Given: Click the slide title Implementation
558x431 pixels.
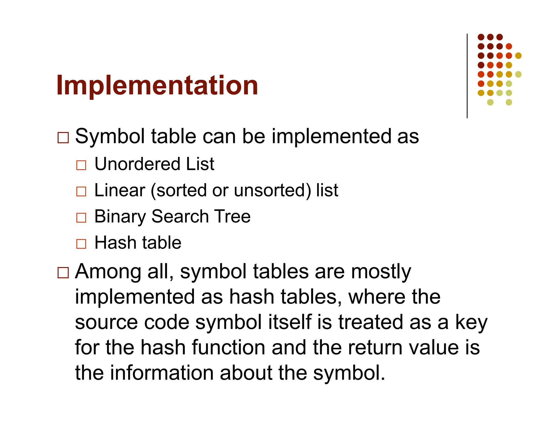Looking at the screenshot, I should (x=157, y=86).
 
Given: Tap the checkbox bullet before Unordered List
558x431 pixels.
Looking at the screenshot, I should (x=81, y=165).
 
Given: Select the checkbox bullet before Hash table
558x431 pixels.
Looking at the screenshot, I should (x=81, y=244).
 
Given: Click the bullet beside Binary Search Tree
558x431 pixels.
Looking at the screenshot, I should (x=81, y=217).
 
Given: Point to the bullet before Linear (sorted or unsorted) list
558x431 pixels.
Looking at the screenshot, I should (x=81, y=191).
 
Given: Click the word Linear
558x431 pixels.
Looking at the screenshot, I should (x=120, y=190).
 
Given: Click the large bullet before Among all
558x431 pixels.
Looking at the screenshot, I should (x=63, y=272).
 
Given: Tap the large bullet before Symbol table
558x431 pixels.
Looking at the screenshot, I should (x=63, y=138).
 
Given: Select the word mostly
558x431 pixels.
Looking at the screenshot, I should (x=381, y=272).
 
